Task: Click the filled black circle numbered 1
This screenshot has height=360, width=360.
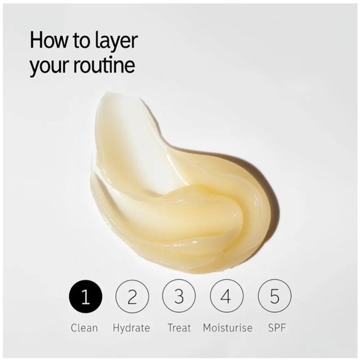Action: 86,297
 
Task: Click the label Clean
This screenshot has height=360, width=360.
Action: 84,328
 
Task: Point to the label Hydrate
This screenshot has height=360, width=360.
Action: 132,328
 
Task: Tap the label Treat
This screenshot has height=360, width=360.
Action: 179,328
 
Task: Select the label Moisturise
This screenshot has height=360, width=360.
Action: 228,328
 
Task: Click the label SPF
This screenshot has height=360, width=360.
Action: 277,328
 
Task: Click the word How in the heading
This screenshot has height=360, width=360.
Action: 48,40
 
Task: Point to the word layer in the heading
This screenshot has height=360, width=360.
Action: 115,42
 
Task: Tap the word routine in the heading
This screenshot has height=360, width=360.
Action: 104,65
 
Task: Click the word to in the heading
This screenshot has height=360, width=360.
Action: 82,41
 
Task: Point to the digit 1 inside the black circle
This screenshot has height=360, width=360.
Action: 86,297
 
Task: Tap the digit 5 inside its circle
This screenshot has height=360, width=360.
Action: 274,297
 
